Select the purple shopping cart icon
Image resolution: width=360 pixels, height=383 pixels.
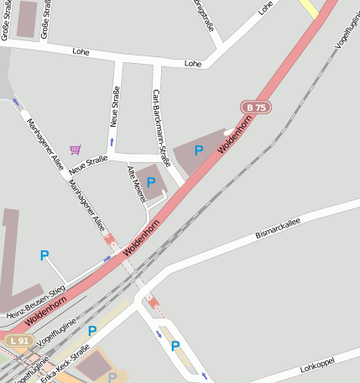coord(76,150)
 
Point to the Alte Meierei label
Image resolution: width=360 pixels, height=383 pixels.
coord(134,182)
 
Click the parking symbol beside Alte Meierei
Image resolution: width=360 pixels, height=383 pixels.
coord(151,182)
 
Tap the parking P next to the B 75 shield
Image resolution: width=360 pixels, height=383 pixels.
coord(199,150)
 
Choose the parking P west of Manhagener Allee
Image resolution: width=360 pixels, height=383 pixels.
coord(44,255)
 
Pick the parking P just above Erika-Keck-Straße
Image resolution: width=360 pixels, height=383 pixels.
coord(92,331)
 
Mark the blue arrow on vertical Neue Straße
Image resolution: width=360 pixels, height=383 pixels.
coord(112,142)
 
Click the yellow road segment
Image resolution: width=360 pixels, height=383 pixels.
coord(307,8)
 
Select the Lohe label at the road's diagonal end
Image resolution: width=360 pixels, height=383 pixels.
coord(266,8)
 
